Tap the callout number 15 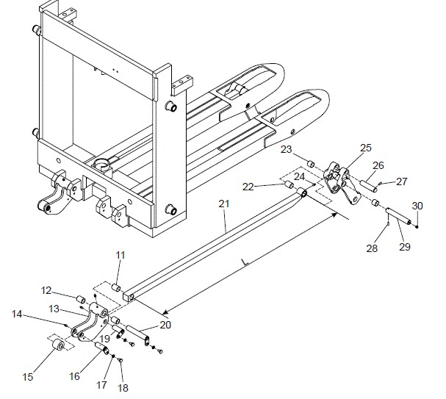pos(28,377)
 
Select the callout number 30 pos(417,205)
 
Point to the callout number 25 pos(365,148)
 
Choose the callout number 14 pos(17,314)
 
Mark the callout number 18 pos(123,387)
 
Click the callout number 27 pos(402,181)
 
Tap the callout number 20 pos(165,325)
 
